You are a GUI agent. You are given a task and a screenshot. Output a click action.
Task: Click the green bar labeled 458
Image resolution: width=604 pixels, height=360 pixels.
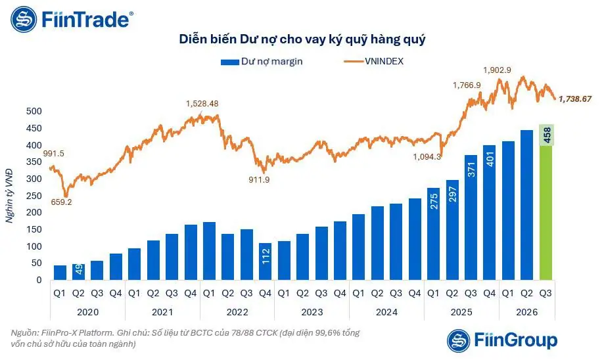click(546, 202)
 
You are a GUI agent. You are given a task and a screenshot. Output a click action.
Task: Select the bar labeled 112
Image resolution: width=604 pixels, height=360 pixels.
click(265, 261)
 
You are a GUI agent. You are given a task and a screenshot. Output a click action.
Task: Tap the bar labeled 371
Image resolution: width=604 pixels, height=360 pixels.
click(471, 217)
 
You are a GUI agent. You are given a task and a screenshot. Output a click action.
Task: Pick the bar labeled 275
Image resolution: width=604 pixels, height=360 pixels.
click(433, 234)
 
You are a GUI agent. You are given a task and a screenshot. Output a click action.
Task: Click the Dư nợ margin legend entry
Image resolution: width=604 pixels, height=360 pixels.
click(262, 62)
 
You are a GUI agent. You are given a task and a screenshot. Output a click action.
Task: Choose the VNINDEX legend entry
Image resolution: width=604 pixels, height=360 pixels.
click(373, 61)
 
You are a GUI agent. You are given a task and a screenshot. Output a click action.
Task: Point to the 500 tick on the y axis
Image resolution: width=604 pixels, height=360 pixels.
click(34, 111)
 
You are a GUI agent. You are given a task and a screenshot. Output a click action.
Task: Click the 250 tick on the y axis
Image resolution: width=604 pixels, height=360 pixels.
click(34, 196)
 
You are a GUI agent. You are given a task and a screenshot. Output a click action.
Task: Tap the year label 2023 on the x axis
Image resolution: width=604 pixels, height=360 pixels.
click(312, 312)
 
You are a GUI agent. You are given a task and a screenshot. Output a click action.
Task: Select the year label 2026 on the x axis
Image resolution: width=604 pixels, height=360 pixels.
click(526, 312)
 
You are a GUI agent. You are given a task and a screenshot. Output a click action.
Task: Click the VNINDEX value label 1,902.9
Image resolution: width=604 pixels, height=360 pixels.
click(497, 70)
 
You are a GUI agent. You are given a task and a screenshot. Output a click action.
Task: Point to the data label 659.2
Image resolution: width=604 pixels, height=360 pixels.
click(61, 202)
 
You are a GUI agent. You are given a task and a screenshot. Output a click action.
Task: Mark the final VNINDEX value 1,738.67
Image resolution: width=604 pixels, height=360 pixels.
click(574, 99)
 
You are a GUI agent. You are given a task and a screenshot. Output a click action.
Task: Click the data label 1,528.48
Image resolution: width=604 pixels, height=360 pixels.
click(202, 104)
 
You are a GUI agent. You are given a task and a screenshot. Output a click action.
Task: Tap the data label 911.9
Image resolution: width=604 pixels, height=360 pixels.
click(259, 179)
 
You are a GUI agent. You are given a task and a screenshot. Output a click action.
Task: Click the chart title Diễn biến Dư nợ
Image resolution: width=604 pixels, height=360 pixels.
click(302, 39)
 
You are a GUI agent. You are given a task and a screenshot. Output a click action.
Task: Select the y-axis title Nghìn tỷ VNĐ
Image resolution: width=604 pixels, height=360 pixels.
click(9, 196)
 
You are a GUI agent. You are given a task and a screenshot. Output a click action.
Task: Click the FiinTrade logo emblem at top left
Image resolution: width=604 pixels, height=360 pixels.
click(24, 19)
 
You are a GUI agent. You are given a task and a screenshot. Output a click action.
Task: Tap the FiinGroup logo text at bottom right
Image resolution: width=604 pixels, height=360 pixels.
click(516, 340)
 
